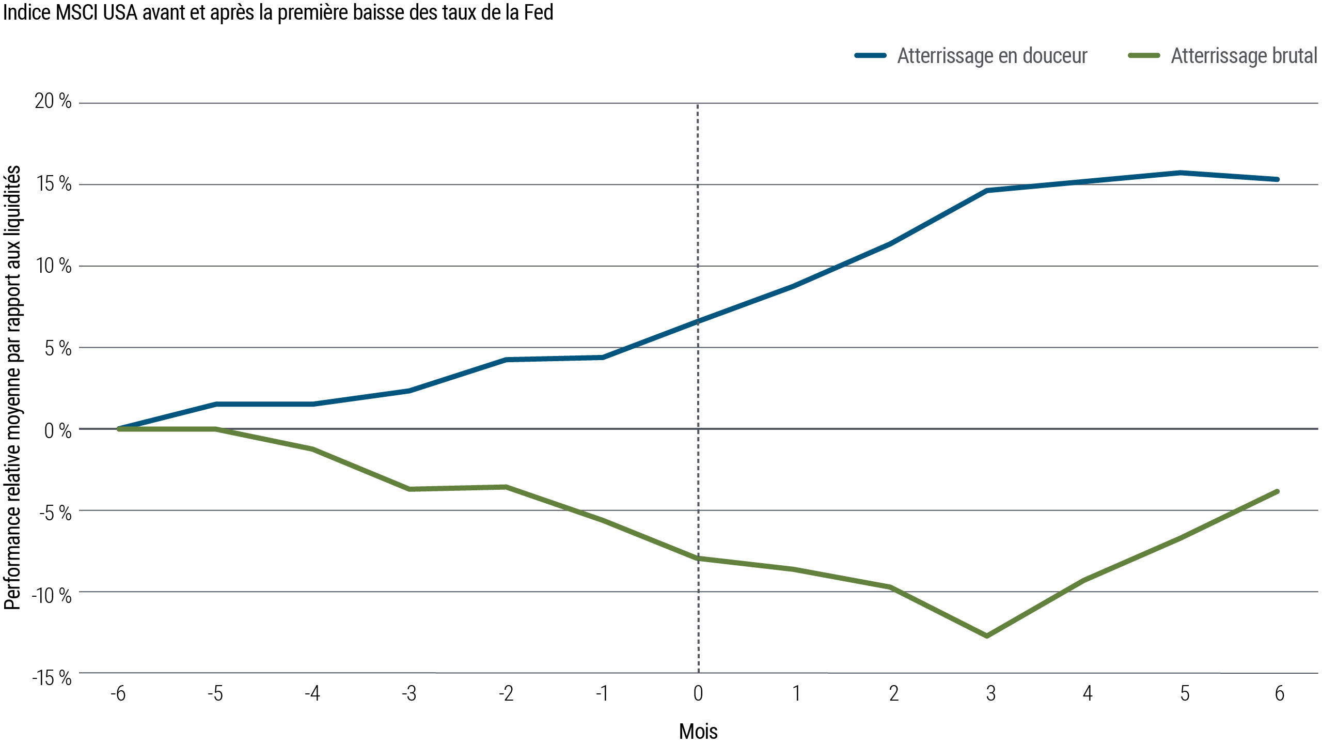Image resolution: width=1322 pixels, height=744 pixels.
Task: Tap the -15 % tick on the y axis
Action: point(52,678)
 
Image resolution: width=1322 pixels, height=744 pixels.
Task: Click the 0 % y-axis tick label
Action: point(57,430)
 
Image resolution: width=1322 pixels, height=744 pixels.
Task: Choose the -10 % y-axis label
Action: point(52,596)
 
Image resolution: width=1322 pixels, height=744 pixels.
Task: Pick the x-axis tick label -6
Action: point(118,693)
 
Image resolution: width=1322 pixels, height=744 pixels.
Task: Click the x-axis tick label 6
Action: point(1279,693)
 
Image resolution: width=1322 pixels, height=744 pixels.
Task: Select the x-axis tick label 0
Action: point(698,693)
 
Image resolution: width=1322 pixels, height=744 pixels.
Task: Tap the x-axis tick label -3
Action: point(409,693)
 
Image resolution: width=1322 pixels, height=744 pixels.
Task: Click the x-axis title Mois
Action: point(698,731)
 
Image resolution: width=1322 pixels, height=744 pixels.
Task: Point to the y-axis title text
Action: point(13,388)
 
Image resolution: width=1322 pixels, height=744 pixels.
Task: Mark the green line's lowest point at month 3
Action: point(988,636)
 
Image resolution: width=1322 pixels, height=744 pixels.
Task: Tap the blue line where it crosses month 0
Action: point(698,320)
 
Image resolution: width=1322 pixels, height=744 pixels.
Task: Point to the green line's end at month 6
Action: point(1278,491)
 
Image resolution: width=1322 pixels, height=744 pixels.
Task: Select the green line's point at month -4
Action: point(313,449)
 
